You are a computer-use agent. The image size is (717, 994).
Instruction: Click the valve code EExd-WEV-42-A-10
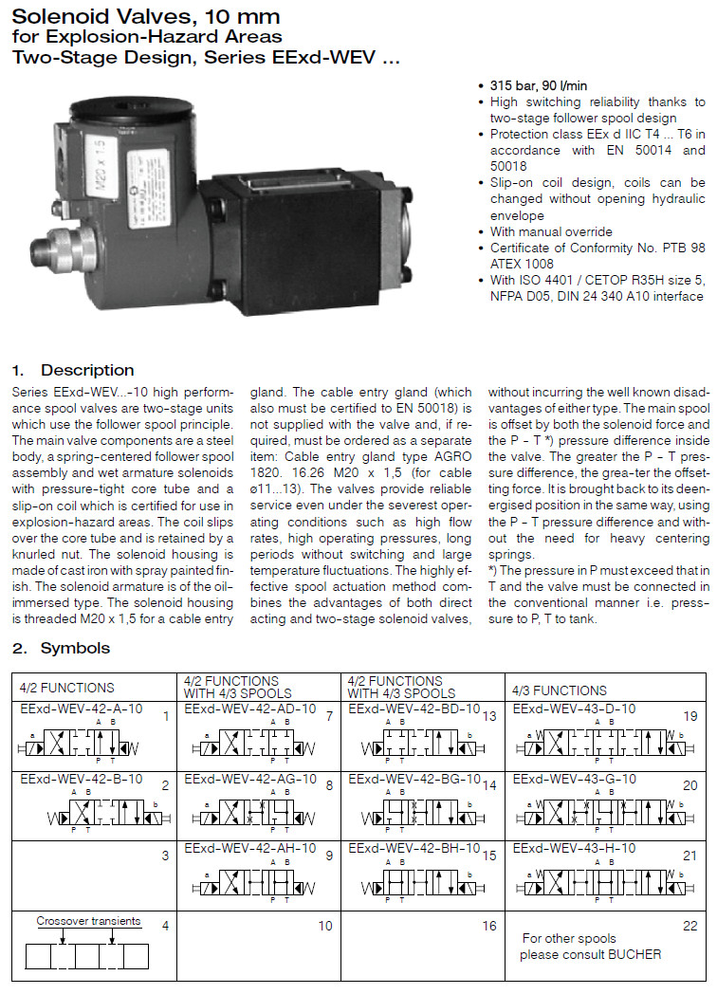coord(82,709)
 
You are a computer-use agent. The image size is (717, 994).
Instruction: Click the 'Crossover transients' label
coord(88,921)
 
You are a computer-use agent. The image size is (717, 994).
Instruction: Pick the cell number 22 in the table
coord(689,926)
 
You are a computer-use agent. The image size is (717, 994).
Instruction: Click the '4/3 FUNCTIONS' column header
coord(559,690)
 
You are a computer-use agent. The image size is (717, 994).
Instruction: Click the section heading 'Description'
coord(87,370)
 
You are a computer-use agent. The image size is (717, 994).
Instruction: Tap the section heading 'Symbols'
coord(75,648)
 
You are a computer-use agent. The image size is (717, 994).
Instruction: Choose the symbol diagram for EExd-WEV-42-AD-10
coord(260,742)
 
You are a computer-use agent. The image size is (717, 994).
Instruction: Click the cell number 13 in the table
coord(489,716)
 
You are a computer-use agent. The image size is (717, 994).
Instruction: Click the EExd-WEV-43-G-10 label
coord(574,779)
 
